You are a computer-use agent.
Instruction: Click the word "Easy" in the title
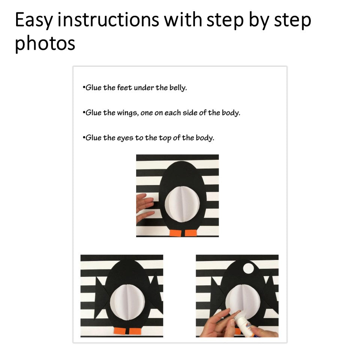[x=34, y=20]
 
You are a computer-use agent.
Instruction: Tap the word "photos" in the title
[x=45, y=43]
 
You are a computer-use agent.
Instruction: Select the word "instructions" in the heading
[x=108, y=19]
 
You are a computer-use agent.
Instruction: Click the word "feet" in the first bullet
[x=124, y=87]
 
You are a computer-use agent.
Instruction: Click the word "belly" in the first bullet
[x=178, y=88]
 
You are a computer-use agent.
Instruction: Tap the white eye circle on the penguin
[x=248, y=268]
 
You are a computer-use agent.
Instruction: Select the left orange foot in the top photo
[x=175, y=233]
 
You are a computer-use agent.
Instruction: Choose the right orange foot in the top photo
[x=191, y=232]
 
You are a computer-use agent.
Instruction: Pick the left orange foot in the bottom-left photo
[x=120, y=331]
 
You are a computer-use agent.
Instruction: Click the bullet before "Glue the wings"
[x=84, y=112]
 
